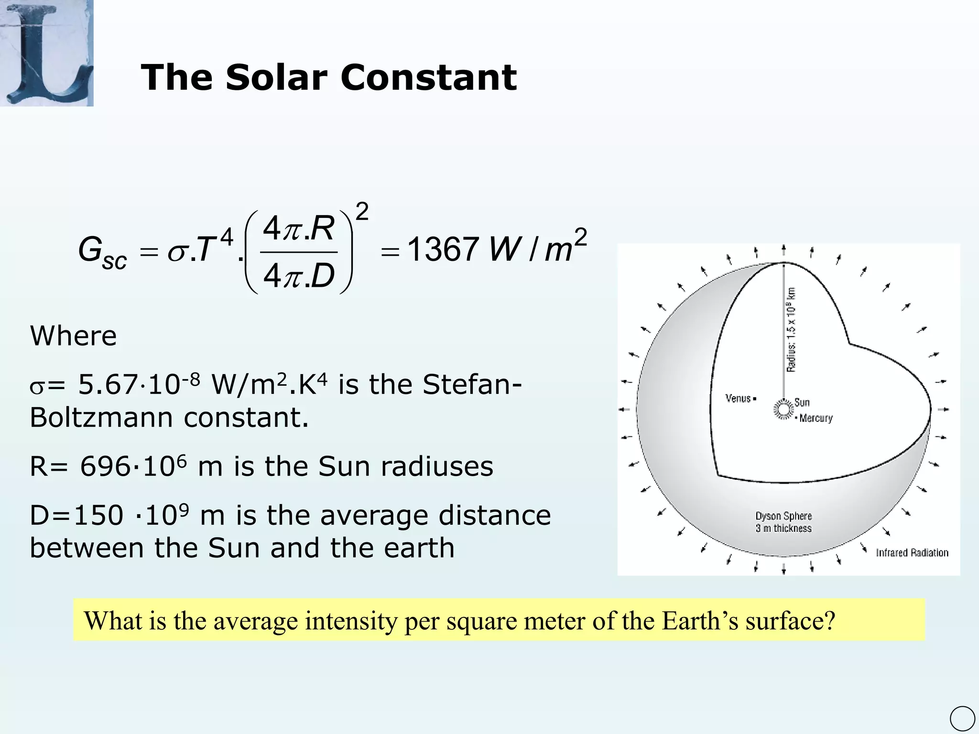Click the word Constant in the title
coord(428,77)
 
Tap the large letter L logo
coord(47,53)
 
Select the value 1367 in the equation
coord(443,249)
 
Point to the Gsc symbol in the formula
coord(102,252)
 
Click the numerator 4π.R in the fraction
coord(298,228)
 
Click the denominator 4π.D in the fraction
coord(298,276)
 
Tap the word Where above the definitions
coord(73,335)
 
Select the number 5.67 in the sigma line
coord(108,384)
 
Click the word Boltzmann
coord(100,417)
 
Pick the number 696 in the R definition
coord(104,466)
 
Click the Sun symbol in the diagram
coord(783,409)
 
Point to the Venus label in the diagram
coord(738,399)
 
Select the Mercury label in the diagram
coord(816,419)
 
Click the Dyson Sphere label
coord(783,516)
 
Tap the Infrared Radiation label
coord(912,553)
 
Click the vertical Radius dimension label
coord(791,330)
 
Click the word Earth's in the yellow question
coord(699,621)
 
